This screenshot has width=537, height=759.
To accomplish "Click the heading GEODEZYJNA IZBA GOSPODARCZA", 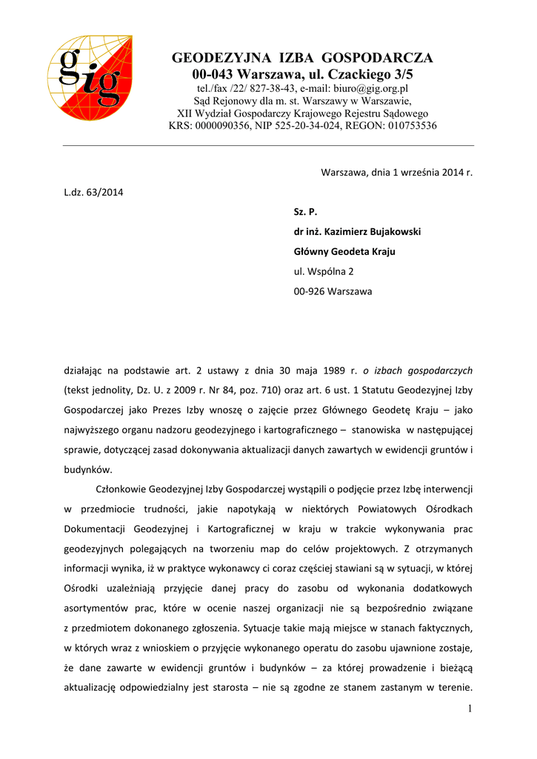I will [x=302, y=58].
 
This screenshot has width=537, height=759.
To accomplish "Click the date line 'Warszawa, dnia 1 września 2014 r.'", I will [x=396, y=172].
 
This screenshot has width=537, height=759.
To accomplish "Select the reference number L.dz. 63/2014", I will [x=94, y=193].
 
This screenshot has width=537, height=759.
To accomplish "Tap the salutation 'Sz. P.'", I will [x=305, y=212].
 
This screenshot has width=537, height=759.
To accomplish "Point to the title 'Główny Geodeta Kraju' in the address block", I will [x=344, y=252].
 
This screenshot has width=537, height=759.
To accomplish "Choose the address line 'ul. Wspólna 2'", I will [x=324, y=271].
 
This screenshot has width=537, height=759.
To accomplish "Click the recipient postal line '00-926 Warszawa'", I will [x=333, y=291].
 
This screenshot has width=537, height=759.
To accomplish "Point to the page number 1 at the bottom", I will [x=470, y=709].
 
